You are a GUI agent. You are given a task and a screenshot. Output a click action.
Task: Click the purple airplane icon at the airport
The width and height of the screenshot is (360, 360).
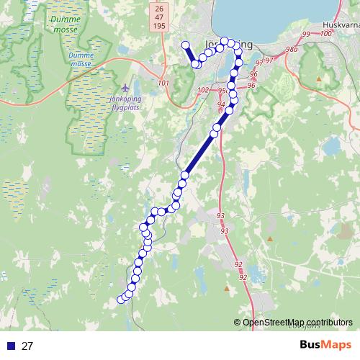coord(127,88)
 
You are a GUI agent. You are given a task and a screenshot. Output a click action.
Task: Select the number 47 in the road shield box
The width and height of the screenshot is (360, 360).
coord(158,17)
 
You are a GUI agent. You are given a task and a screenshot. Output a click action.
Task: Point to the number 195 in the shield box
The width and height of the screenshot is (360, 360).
coord(158,26)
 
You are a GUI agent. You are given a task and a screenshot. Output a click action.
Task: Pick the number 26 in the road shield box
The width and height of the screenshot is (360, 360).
coord(158,7)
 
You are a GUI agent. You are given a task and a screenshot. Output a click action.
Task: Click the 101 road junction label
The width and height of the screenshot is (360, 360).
coord(163,83)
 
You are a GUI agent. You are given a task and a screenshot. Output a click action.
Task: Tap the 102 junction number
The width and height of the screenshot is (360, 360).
coord(203,90)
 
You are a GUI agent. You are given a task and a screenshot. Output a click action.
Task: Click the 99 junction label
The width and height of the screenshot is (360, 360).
coord(307,35)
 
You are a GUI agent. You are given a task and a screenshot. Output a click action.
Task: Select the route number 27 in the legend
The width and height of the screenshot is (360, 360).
coord(27,346)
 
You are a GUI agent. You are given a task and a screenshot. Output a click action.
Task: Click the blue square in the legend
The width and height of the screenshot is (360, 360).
coord(10,346)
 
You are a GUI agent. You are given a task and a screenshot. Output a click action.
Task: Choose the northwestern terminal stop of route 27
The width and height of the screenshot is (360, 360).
coord(185,45)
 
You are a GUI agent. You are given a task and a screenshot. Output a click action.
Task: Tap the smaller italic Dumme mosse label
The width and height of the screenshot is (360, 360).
coord(81,59)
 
